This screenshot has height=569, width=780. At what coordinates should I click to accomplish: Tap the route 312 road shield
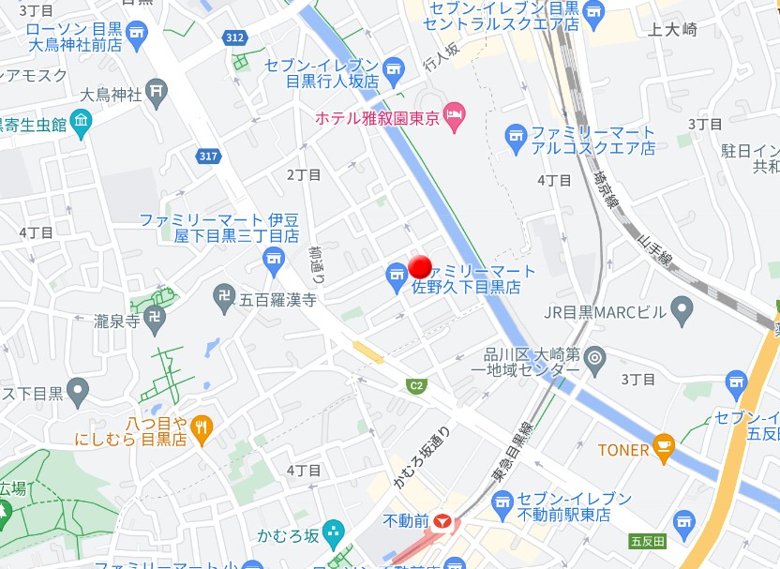(234, 37)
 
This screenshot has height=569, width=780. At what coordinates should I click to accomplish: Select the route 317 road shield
(208, 156)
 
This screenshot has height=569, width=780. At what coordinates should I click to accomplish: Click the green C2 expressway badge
(416, 385)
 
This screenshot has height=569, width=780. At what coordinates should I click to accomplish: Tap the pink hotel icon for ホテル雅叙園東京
(454, 116)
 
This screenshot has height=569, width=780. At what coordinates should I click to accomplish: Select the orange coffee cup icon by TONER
(664, 449)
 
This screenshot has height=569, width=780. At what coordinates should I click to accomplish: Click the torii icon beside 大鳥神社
(157, 93)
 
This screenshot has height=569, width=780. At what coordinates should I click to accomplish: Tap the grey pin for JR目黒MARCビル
(682, 307)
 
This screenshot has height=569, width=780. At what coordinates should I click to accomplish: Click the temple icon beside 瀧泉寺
(155, 318)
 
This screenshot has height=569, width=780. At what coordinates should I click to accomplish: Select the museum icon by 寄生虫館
(81, 122)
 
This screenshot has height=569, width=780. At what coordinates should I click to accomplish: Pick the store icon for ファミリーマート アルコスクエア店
(516, 139)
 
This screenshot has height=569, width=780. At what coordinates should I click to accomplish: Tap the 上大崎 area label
(672, 30)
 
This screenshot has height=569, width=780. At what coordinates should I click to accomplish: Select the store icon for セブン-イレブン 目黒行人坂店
(393, 68)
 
